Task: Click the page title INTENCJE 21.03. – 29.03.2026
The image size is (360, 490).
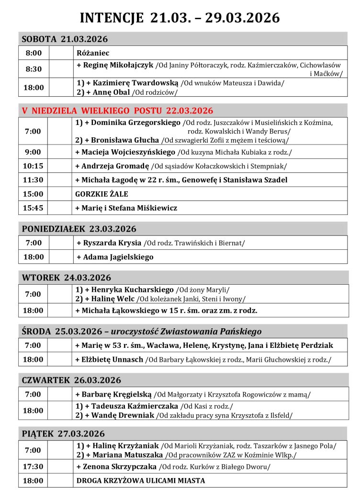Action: click(x=180, y=18)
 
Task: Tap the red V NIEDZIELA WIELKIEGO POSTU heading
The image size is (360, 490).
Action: click(x=117, y=111)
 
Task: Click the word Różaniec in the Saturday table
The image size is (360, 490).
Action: click(x=93, y=53)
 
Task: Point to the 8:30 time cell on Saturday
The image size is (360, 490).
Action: click(x=34, y=69)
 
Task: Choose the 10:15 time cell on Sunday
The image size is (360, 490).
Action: click(x=34, y=166)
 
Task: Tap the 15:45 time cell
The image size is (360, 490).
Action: click(x=34, y=208)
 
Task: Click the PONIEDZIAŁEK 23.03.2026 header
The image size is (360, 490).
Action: click(x=79, y=229)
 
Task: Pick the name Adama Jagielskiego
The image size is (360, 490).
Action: click(x=118, y=257)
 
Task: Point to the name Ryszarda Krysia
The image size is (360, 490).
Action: click(x=112, y=243)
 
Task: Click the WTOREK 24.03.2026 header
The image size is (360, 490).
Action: click(x=66, y=278)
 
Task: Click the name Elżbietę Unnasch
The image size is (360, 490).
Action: click(x=113, y=359)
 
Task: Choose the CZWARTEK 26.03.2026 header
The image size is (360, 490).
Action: click(x=71, y=380)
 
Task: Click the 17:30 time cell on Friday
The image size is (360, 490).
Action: click(x=34, y=467)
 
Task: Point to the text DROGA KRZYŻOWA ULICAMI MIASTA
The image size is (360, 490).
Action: click(x=140, y=480)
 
